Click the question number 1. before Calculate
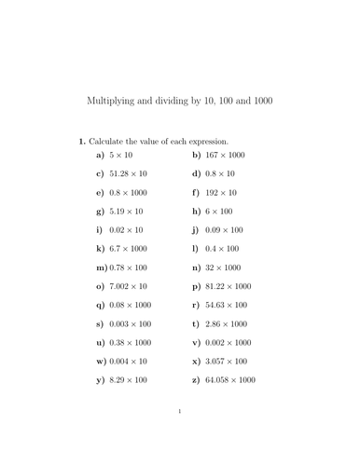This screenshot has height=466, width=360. [x=81, y=141]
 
